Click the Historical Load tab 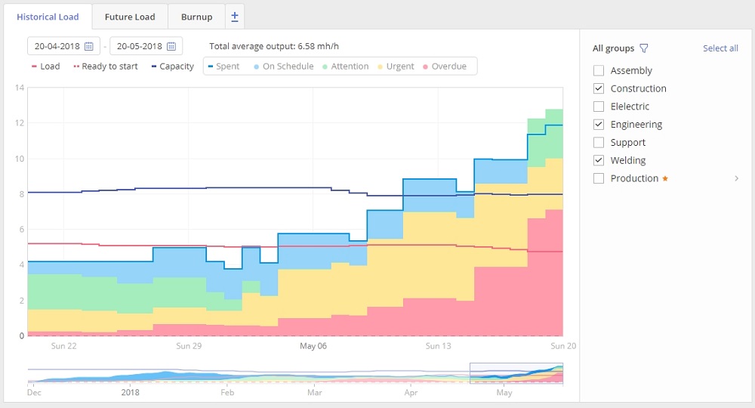(x=48, y=17)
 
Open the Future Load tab (x=130, y=17)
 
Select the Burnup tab (x=196, y=17)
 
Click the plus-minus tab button (x=235, y=17)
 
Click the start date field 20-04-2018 (x=57, y=47)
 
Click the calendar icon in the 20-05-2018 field (x=171, y=47)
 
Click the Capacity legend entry (x=172, y=66)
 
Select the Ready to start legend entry (x=106, y=66)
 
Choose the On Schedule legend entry (x=283, y=66)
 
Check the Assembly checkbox (x=599, y=70)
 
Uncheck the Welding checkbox (x=599, y=160)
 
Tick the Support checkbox (x=599, y=142)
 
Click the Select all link (x=720, y=48)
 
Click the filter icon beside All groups (x=644, y=48)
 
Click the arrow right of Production (x=736, y=178)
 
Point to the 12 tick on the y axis (x=20, y=123)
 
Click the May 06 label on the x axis (x=313, y=346)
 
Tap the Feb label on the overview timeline (x=227, y=393)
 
